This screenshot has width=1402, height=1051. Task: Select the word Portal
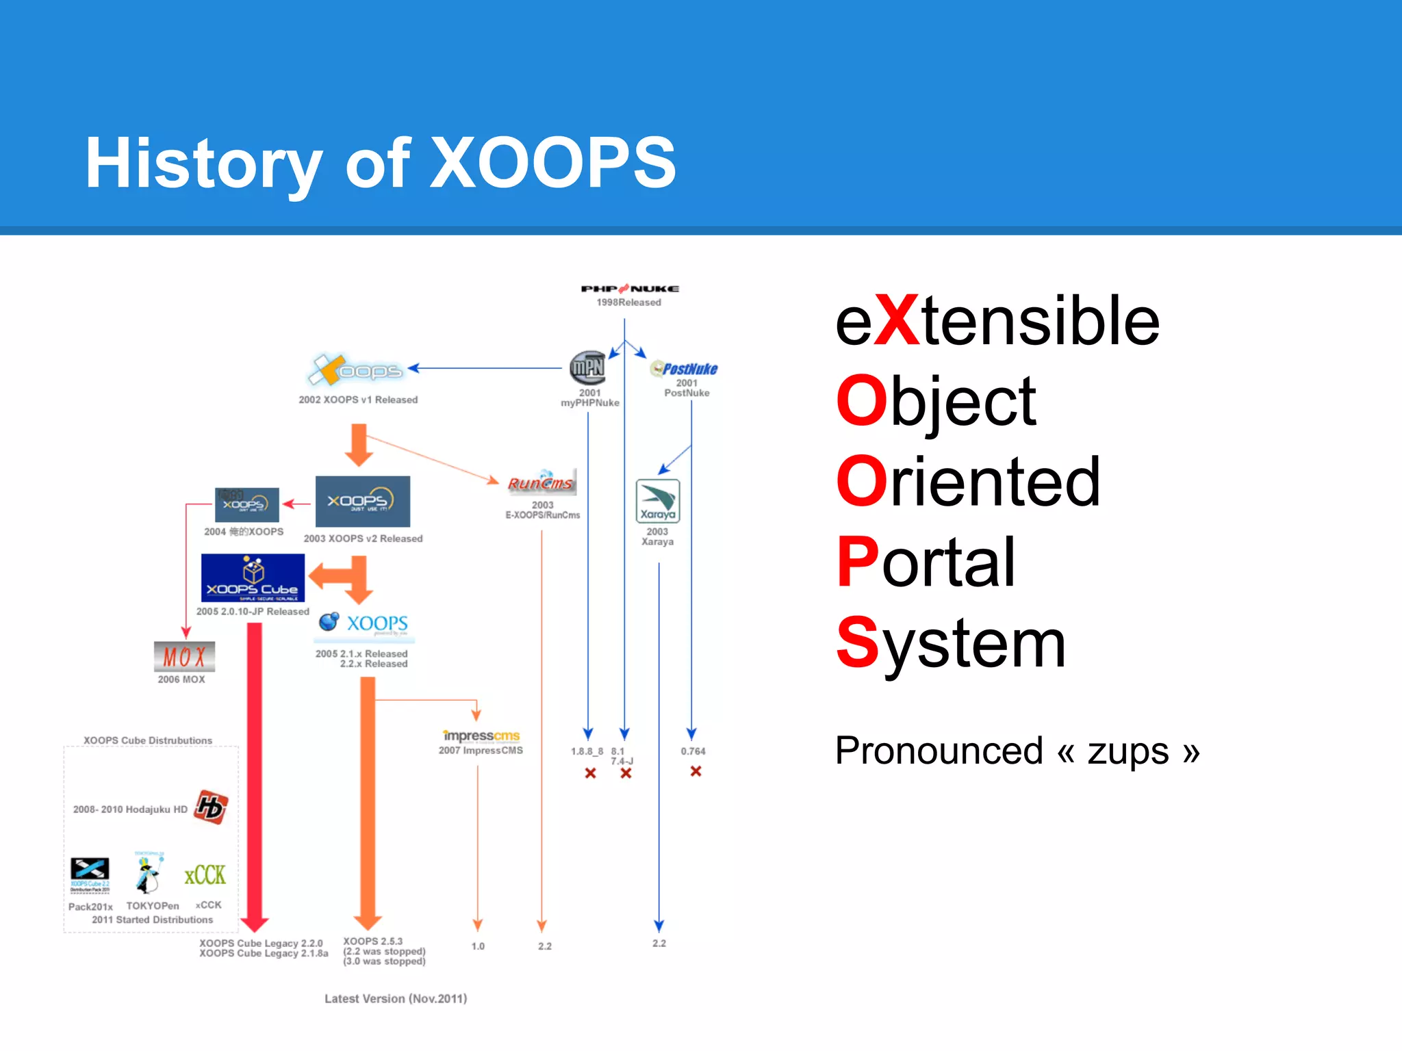pyautogui.click(x=926, y=562)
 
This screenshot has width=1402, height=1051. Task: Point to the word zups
pyautogui.click(x=1127, y=751)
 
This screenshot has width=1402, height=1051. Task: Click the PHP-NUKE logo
pyautogui.click(x=629, y=289)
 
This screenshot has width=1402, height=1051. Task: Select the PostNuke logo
pyautogui.click(x=684, y=369)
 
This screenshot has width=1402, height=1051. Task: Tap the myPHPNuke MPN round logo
pyautogui.click(x=587, y=368)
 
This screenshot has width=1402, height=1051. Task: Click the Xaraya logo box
pyautogui.click(x=657, y=501)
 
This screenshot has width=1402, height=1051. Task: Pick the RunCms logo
pyautogui.click(x=541, y=482)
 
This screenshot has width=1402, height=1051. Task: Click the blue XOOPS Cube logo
pyautogui.click(x=253, y=578)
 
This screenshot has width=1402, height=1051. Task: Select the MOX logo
pyautogui.click(x=184, y=657)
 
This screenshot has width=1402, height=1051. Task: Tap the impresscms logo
pyautogui.click(x=481, y=736)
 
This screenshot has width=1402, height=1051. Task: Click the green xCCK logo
pyautogui.click(x=205, y=874)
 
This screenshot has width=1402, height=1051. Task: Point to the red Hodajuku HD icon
pyautogui.click(x=211, y=807)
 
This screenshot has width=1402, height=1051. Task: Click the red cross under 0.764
pyautogui.click(x=696, y=771)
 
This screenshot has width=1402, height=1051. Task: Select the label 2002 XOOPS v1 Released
pyautogui.click(x=357, y=400)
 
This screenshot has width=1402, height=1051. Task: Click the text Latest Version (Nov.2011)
pyautogui.click(x=396, y=998)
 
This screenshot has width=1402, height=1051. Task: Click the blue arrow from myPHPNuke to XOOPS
pyautogui.click(x=486, y=368)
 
